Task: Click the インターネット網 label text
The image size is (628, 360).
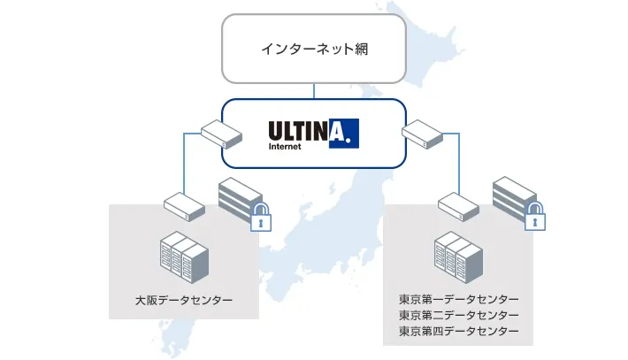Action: tap(314, 49)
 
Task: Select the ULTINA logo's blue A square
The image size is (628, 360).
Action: tap(343, 133)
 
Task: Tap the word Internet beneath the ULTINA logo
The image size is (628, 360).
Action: tap(285, 148)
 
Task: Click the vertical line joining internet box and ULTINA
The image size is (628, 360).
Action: tap(314, 90)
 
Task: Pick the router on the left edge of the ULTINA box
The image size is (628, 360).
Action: tap(221, 134)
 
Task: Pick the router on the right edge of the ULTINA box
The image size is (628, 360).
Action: tap(422, 135)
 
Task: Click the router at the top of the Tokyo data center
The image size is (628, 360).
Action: tap(458, 206)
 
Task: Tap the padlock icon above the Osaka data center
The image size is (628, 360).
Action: tap(259, 216)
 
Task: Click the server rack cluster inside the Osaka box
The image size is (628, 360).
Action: tap(183, 257)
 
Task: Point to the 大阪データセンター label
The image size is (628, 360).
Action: tap(184, 301)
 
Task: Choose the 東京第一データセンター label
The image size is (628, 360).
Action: tap(458, 299)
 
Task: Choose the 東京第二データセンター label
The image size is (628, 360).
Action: tap(458, 315)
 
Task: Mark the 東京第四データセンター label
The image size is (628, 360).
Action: tap(458, 331)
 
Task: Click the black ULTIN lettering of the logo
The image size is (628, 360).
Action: tap(298, 131)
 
